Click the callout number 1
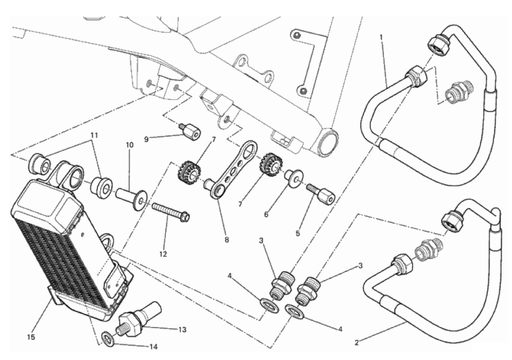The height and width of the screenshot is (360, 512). point(381,37)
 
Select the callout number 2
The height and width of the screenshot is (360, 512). point(356,342)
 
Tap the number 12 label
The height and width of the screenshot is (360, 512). point(162,254)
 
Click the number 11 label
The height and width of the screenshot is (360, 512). point(94,135)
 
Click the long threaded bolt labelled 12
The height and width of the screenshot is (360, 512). point(170,212)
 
